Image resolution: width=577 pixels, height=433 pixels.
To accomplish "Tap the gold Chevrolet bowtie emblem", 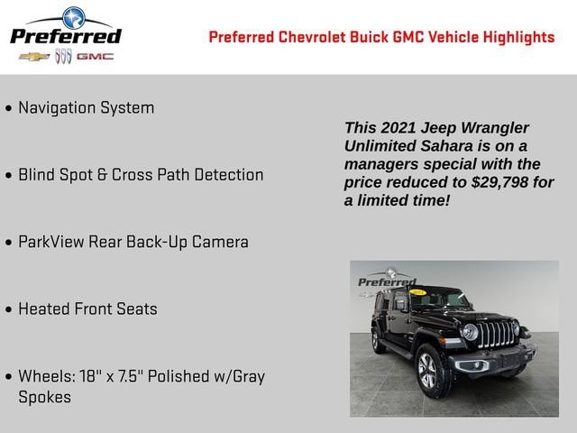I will (35, 56).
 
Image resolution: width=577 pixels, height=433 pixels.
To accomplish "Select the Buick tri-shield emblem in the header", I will (63, 56).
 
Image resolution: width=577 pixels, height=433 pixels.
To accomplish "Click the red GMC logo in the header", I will (95, 56).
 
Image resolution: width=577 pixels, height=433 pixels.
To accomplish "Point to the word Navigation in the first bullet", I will (56, 108).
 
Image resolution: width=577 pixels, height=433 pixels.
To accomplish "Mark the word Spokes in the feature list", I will (44, 397).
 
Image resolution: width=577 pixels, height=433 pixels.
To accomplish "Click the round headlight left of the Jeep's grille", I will (470, 331).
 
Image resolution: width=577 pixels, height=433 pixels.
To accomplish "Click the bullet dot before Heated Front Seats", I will (9, 309).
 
